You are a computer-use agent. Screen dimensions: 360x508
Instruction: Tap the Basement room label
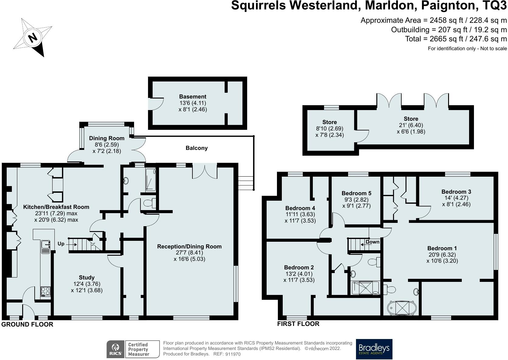[192, 97]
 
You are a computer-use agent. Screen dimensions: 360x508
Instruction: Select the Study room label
[87, 277]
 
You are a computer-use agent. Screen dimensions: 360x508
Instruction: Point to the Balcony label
[197, 148]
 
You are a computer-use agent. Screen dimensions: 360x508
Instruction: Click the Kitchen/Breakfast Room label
[56, 207]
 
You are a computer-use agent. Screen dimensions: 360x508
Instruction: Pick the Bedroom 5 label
[356, 193]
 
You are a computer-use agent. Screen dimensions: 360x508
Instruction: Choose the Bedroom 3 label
[456, 192]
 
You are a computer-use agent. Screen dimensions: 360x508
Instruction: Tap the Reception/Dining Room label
[189, 246]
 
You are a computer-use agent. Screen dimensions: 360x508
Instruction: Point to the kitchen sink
[46, 246]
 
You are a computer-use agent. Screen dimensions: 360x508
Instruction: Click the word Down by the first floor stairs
[372, 242]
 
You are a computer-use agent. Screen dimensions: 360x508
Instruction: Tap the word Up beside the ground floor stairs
[61, 244]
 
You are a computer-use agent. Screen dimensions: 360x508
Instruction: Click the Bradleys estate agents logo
[374, 349]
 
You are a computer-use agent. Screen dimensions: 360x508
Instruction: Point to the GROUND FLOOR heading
[27, 324]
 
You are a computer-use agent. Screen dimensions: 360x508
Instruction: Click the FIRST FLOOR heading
[298, 324]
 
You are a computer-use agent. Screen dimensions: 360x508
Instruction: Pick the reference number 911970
[233, 354]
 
